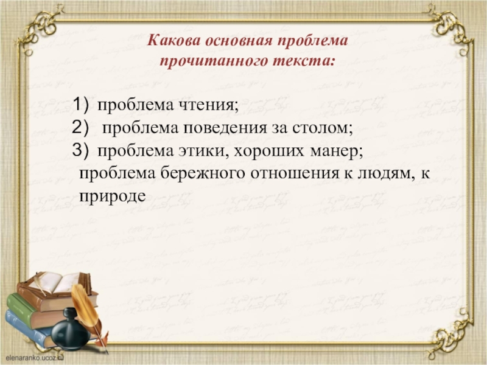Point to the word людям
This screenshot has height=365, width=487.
[382, 174]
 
